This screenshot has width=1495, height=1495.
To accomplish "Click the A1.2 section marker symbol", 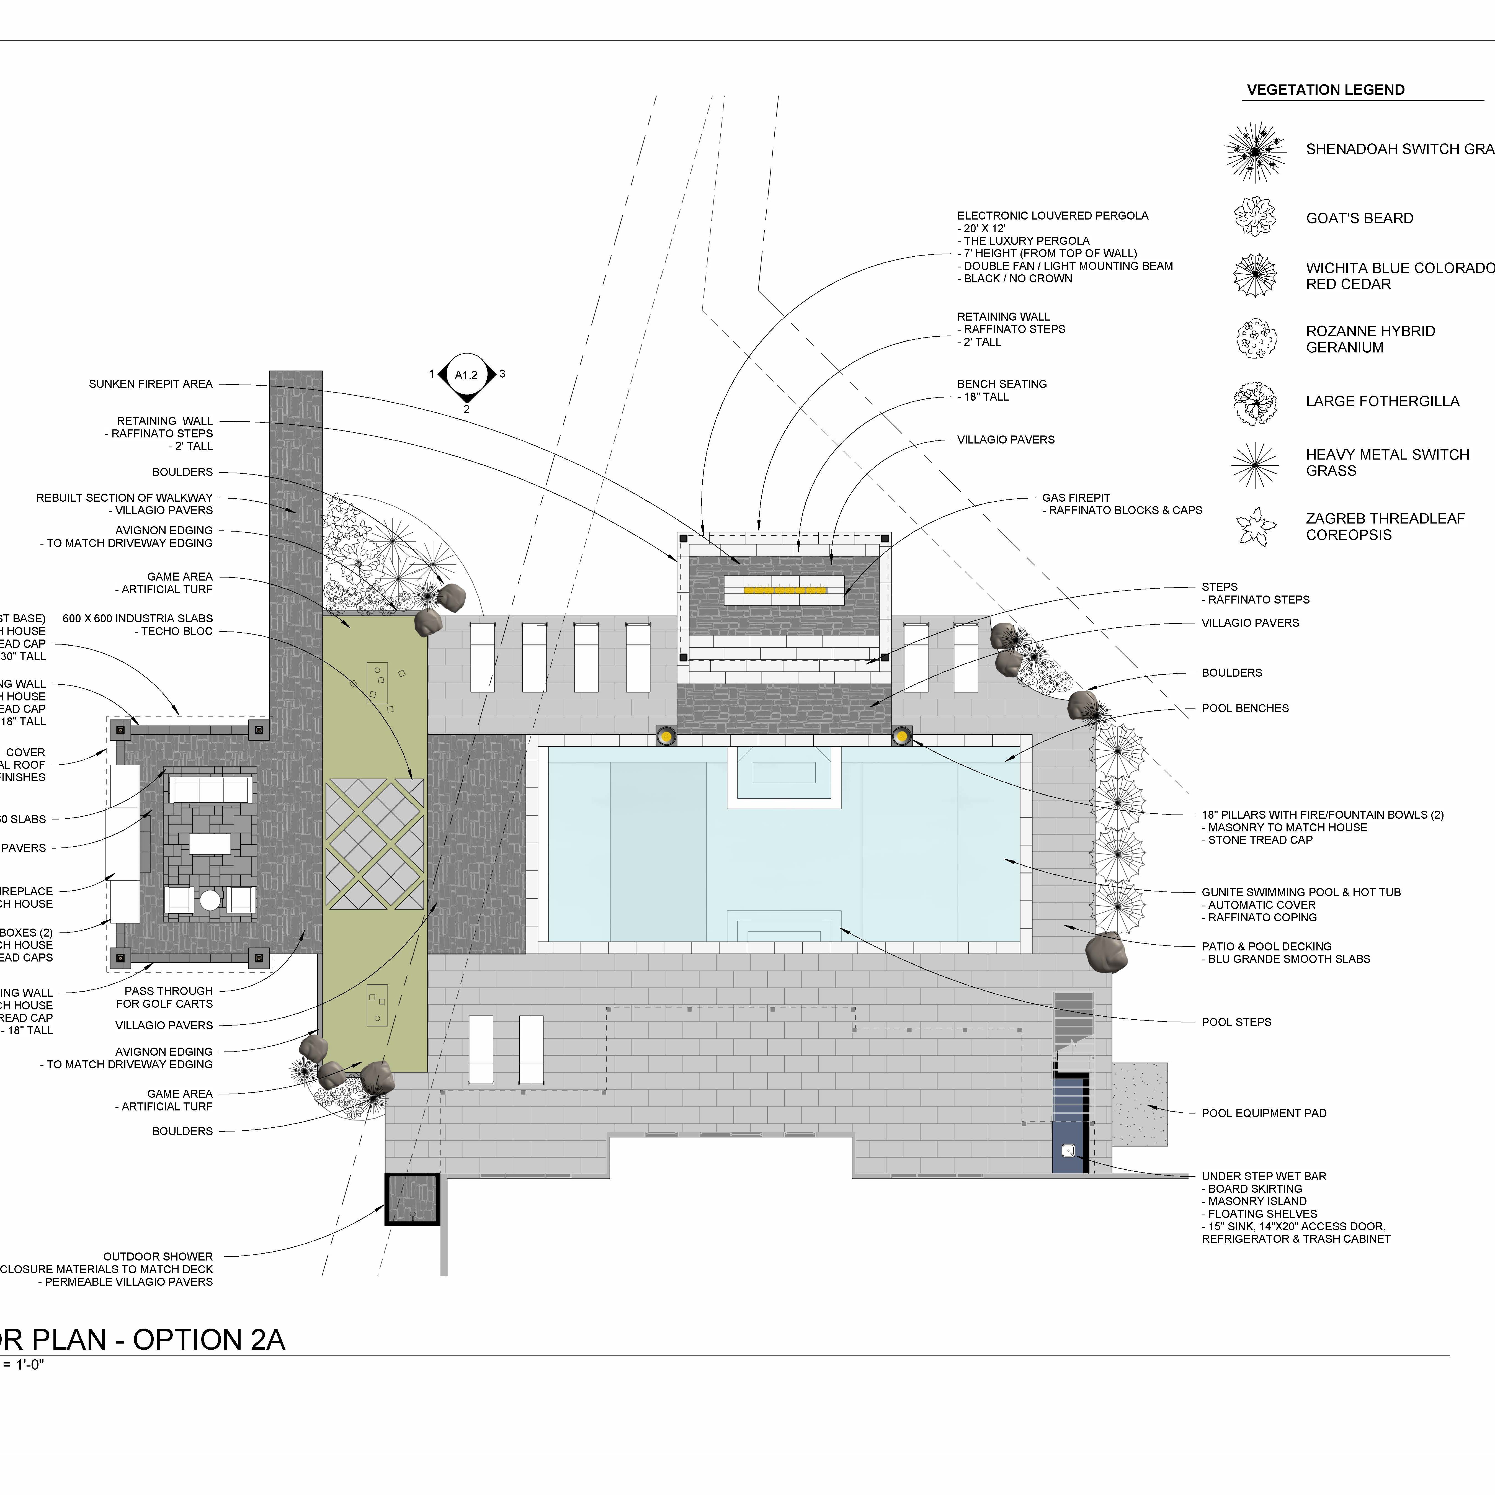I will (466, 375).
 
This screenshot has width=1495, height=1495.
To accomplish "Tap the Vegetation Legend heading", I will (1326, 90).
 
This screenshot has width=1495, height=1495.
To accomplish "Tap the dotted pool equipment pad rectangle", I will (1140, 1104).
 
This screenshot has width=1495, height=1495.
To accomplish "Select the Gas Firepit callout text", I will (1076, 498).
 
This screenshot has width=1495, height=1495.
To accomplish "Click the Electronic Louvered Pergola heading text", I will (1052, 216).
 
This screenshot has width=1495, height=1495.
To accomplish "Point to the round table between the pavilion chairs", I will (210, 900).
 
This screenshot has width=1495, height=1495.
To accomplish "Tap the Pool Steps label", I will (1236, 1022).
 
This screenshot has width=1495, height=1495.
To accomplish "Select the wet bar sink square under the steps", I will (1069, 1151).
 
